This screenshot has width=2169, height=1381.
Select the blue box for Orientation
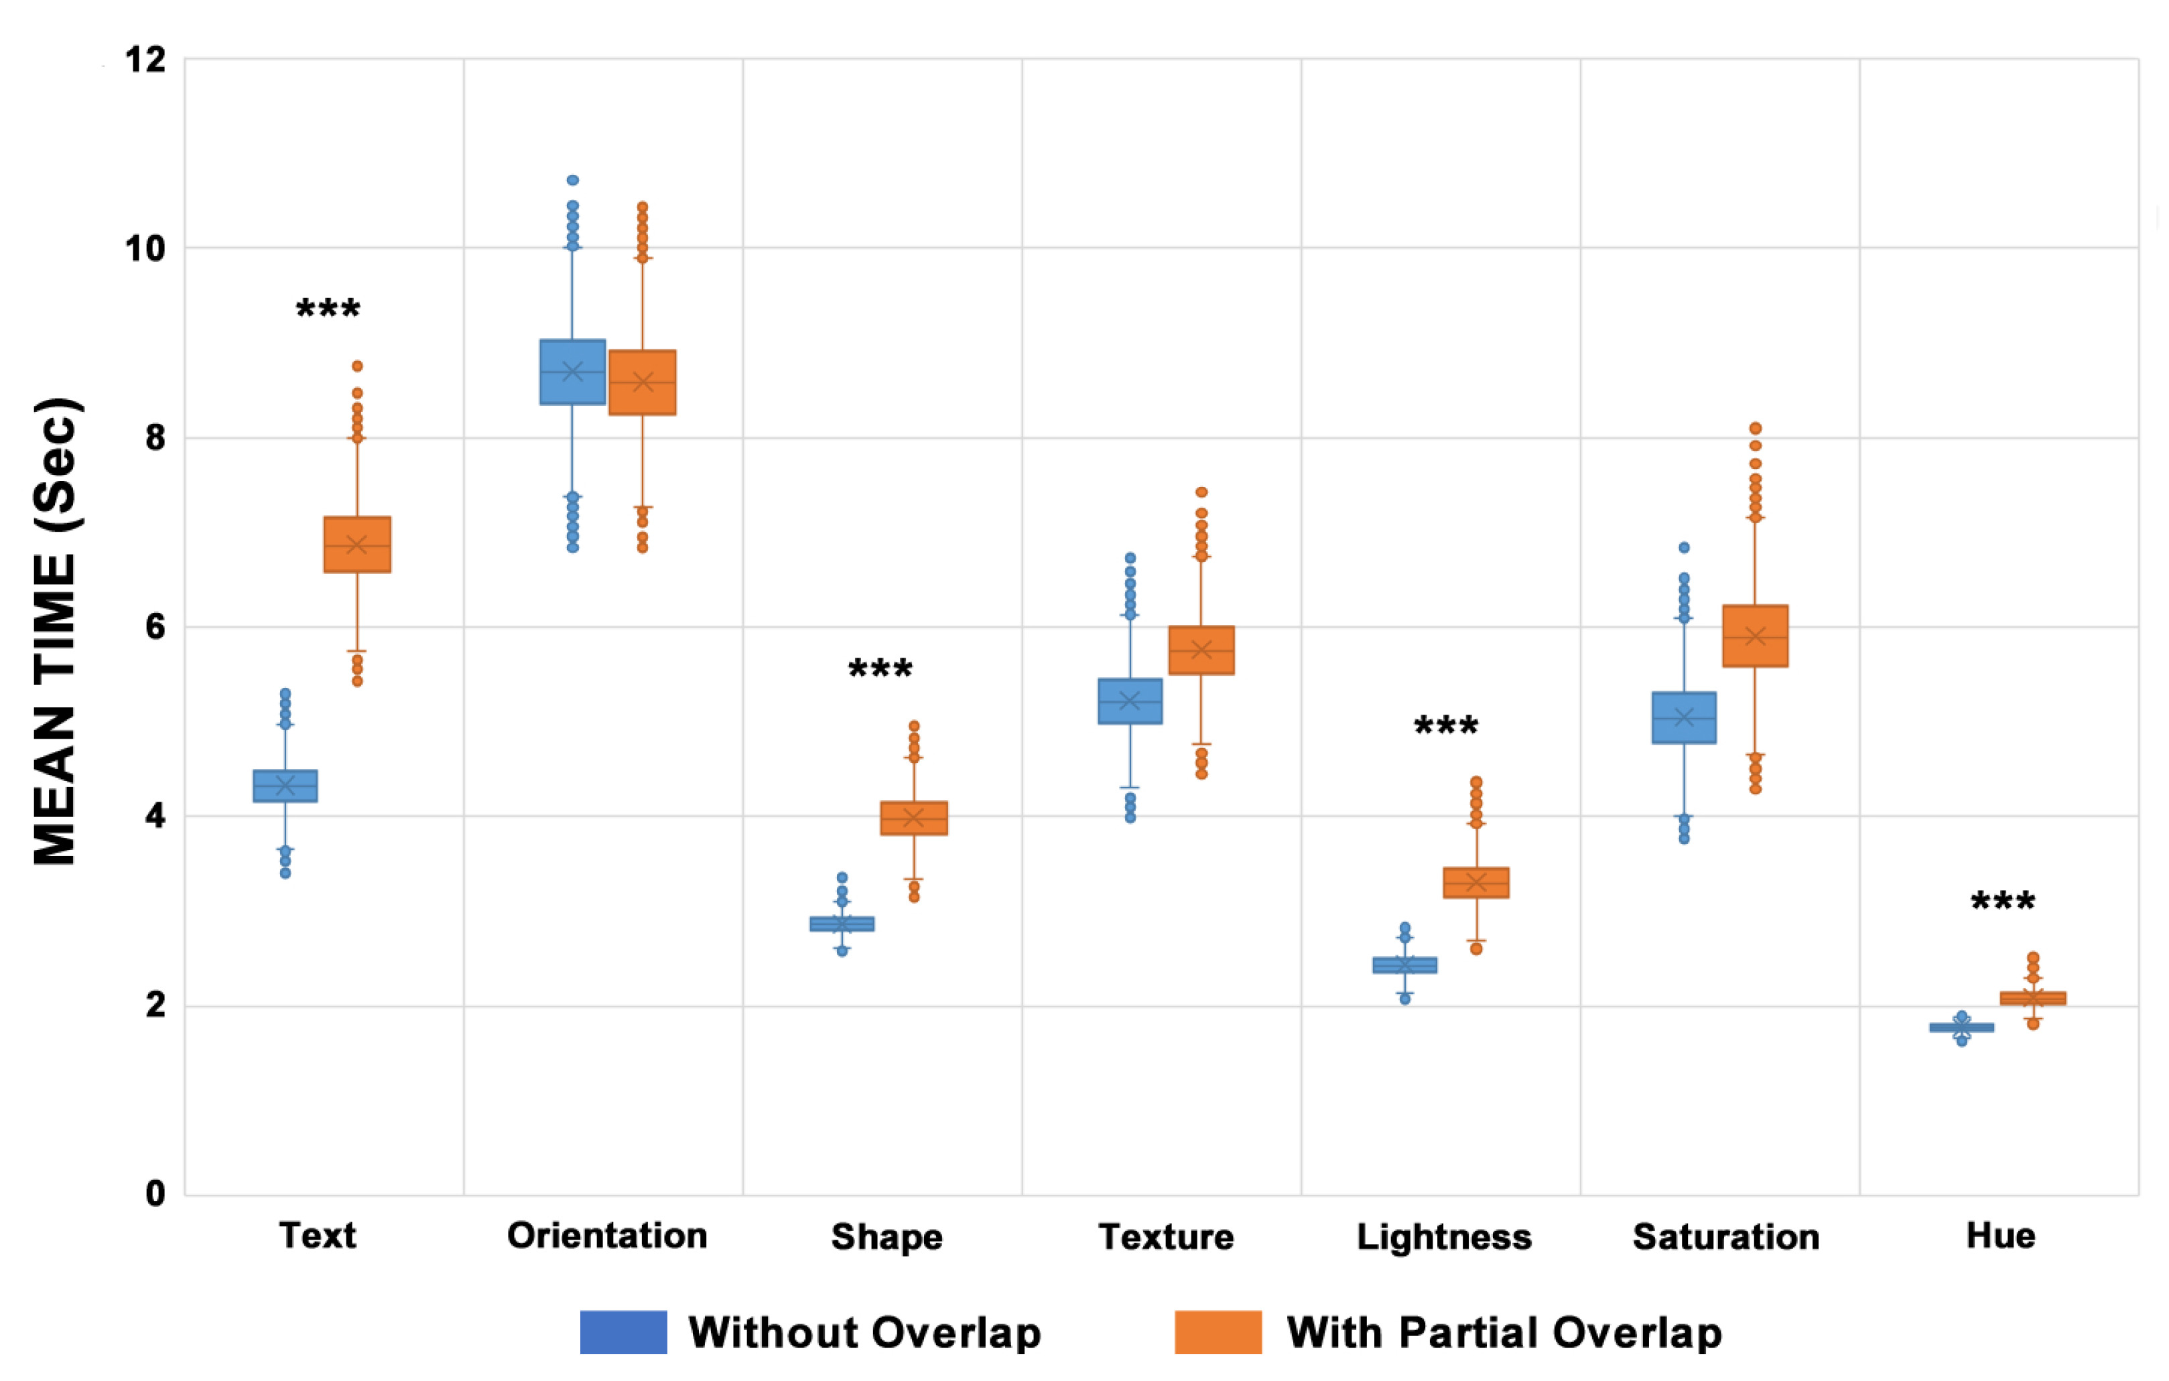[572, 372]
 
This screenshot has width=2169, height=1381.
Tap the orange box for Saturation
[1755, 636]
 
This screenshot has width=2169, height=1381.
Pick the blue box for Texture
[1130, 701]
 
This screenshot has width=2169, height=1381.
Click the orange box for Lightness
[1475, 882]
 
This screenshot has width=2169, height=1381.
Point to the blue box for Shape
[842, 924]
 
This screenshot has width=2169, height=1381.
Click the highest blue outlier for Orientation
[572, 180]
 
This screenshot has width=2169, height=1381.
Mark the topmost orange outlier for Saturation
[1755, 429]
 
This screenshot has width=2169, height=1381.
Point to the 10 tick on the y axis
[145, 248]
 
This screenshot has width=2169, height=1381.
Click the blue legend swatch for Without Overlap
[622, 1332]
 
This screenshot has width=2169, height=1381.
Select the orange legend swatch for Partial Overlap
[1217, 1332]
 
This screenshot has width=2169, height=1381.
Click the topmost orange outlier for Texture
[1201, 492]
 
